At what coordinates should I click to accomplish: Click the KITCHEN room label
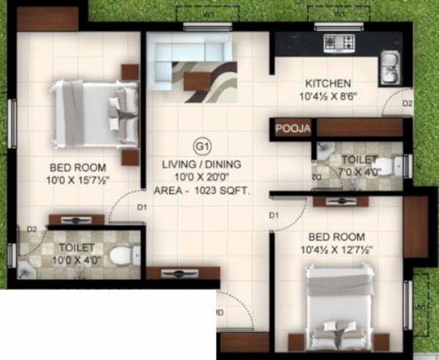(328, 83)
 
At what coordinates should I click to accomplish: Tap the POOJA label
(293, 130)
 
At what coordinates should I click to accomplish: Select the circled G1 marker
(200, 145)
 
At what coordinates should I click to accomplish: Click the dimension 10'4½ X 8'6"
(328, 96)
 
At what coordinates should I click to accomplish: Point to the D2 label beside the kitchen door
(408, 103)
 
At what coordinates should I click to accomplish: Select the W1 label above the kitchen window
(338, 12)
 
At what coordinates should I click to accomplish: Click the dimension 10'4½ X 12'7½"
(336, 250)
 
